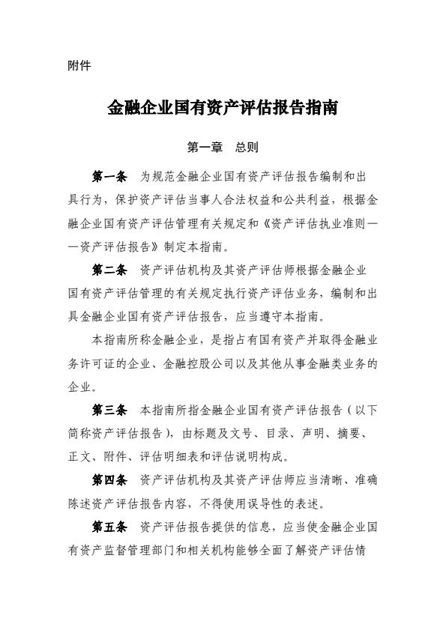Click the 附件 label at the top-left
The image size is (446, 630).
tap(79, 66)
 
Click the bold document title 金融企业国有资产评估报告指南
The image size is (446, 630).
tap(223, 109)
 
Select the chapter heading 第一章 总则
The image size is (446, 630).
tap(223, 147)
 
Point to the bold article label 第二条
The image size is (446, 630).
tap(109, 270)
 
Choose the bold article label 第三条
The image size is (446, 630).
tap(109, 410)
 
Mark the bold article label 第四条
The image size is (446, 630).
tap(109, 479)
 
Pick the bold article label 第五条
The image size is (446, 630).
tap(109, 526)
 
